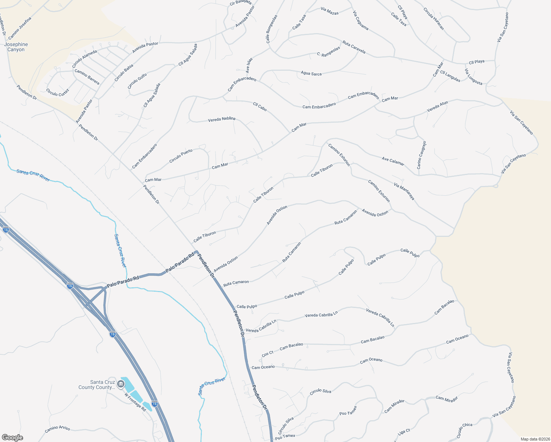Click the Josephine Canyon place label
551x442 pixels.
point(16,47)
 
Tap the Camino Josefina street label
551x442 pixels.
point(20,28)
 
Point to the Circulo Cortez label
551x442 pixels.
point(57,92)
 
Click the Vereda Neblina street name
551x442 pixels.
point(221,119)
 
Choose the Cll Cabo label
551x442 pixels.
point(260,106)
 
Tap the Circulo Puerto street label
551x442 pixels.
point(181,156)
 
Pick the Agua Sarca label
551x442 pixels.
point(311,73)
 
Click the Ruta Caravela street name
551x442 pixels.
point(354,47)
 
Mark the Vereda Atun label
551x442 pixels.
point(437,107)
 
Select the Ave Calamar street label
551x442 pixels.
point(393,161)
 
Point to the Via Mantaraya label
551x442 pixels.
point(404,191)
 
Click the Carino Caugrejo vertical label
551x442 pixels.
point(421,155)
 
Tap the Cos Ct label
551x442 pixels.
point(267,354)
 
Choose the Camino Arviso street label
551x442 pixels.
point(57,429)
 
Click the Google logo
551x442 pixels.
point(12,437)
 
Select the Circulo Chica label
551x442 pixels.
point(464,430)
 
